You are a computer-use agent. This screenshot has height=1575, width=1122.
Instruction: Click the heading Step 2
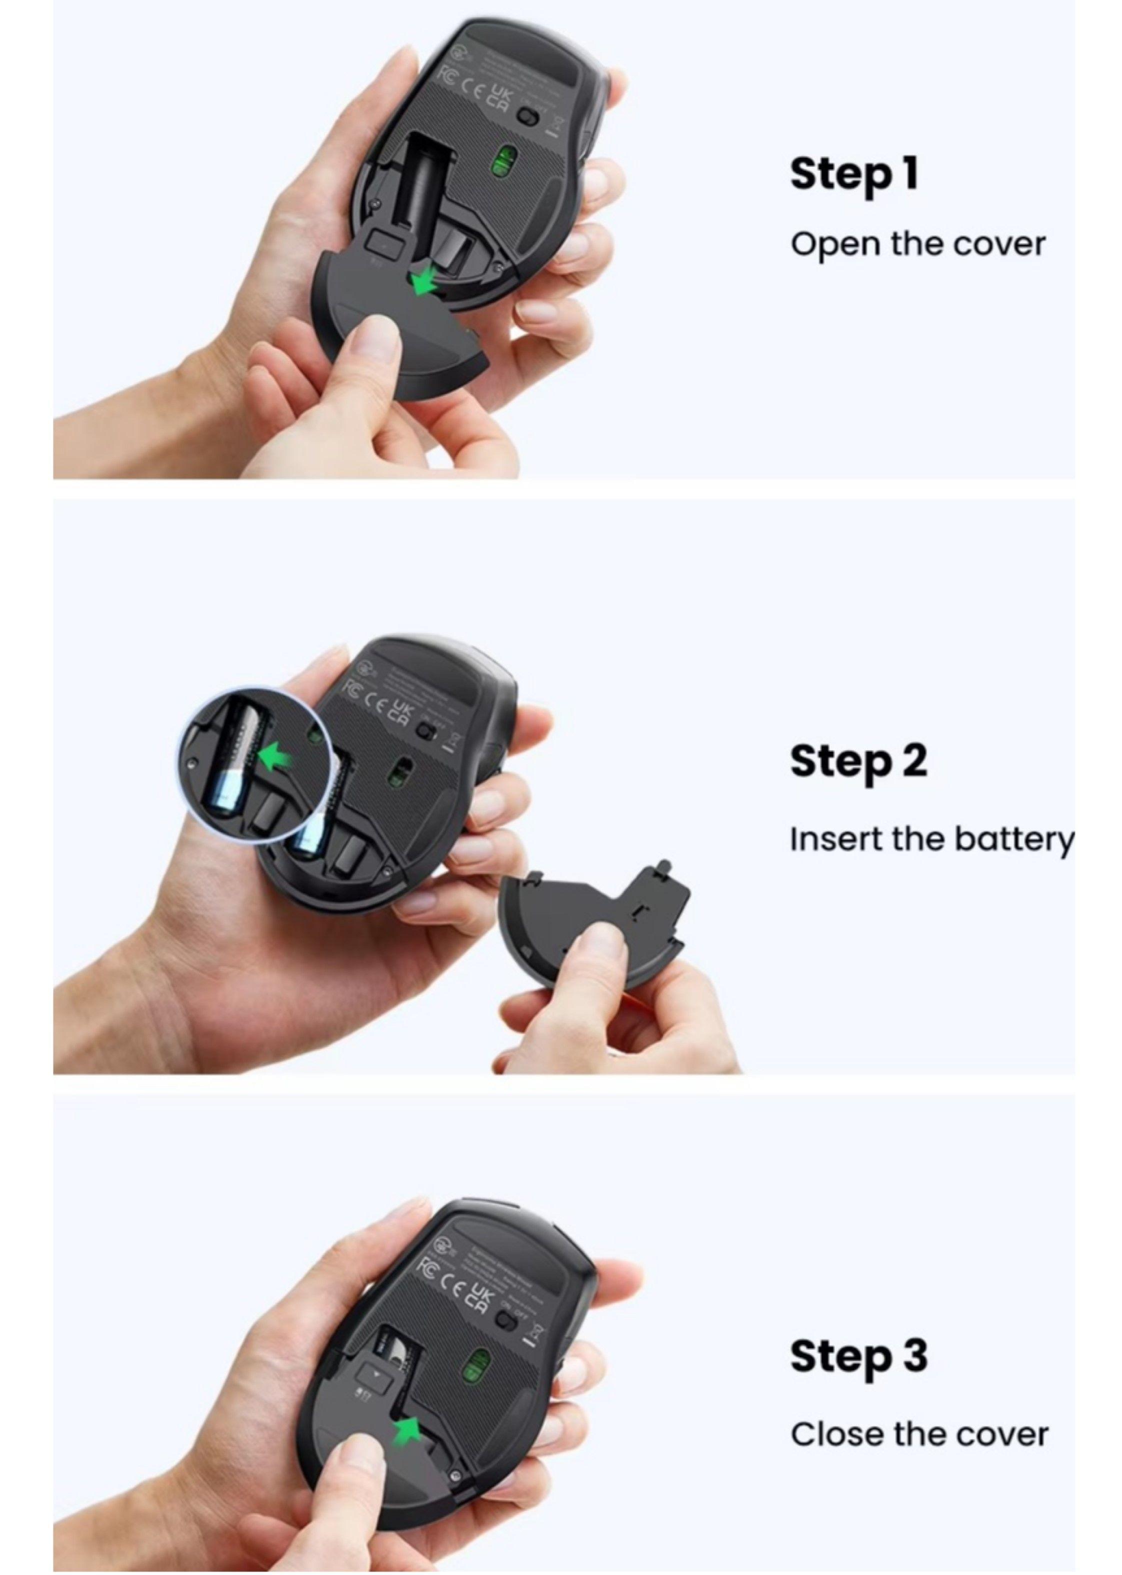[857, 761]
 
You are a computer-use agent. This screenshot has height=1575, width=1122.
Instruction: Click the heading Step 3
[858, 1356]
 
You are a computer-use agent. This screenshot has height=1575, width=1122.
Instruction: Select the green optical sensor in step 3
[476, 1364]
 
